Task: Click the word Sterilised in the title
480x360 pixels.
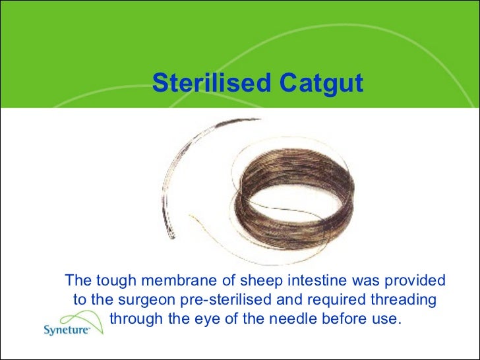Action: (211, 84)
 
